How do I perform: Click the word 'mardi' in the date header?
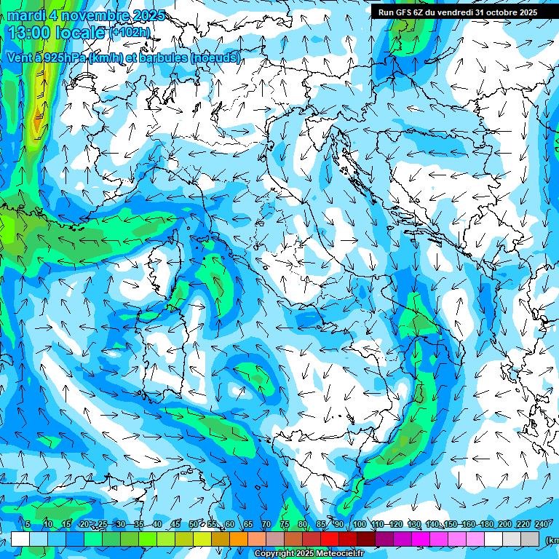click(x=25, y=15)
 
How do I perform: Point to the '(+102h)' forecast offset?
click(x=130, y=33)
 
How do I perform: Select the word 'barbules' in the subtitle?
click(x=162, y=58)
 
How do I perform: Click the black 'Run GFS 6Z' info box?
click(x=457, y=12)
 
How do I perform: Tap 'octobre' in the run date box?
click(x=495, y=12)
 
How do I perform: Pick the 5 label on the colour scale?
click(x=28, y=524)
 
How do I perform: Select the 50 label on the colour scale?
click(x=193, y=524)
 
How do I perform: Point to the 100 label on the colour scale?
click(x=359, y=524)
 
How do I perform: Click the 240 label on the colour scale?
click(x=542, y=524)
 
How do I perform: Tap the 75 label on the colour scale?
click(x=285, y=524)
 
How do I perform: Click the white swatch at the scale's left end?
click(x=20, y=539)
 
